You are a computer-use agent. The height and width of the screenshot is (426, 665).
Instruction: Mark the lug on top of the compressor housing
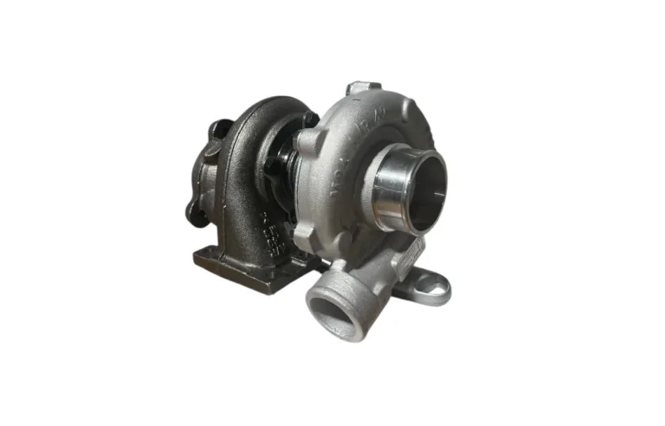[362, 89]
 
